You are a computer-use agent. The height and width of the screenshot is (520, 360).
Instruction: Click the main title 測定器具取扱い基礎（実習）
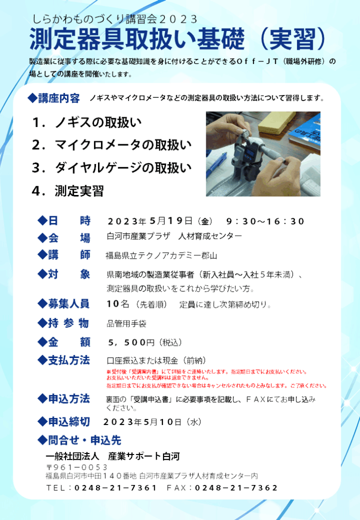click(178, 39)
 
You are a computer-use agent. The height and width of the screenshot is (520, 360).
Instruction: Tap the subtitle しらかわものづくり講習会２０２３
click(115, 19)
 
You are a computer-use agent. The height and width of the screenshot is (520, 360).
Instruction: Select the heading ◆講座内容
click(54, 98)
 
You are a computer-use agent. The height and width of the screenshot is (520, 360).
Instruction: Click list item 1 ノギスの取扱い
click(87, 122)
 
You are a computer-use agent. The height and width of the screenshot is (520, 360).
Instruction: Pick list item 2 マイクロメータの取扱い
click(112, 145)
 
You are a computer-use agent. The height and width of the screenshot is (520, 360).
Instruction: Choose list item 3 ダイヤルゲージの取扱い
click(112, 168)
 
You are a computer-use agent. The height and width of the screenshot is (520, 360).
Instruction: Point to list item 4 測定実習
click(68, 191)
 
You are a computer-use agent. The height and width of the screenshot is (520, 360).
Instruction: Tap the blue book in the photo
click(305, 132)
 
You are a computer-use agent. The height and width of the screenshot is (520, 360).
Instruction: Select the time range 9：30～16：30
click(265, 221)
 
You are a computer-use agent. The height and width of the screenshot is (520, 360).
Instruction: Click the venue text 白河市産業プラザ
click(139, 236)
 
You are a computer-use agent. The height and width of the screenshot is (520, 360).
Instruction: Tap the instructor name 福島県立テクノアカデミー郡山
click(161, 255)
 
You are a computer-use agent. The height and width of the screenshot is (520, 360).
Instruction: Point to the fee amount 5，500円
click(132, 342)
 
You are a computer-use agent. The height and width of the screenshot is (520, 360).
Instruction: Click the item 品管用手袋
click(126, 323)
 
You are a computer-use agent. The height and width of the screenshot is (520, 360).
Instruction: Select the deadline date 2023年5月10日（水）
click(152, 422)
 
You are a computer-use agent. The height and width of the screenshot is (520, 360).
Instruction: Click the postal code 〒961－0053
click(77, 467)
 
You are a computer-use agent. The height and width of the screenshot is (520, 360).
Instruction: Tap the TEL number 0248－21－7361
click(115, 488)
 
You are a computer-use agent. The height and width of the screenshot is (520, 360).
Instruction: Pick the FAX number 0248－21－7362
click(236, 488)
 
